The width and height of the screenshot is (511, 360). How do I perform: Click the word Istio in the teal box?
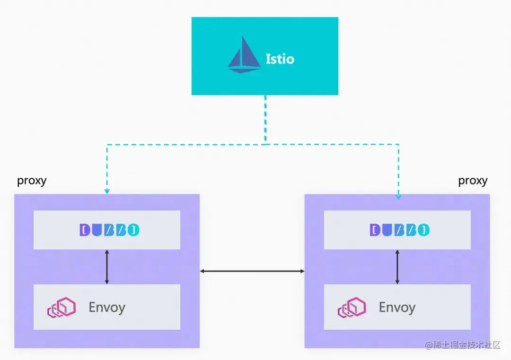(x=280, y=59)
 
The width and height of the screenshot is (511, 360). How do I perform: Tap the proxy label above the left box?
(x=32, y=181)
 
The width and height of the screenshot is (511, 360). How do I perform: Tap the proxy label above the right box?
(x=473, y=181)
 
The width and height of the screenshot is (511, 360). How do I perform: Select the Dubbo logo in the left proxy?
(x=109, y=230)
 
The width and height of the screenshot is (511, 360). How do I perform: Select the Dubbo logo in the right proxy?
(x=399, y=230)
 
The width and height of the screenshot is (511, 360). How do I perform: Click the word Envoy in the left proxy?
(x=107, y=307)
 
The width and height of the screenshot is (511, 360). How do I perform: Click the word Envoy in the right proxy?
(x=397, y=307)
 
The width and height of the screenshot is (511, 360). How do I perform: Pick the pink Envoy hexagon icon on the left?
(x=62, y=307)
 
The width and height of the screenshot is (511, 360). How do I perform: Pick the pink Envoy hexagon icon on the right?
(x=352, y=307)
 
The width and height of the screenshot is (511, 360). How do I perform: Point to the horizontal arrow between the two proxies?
(x=252, y=271)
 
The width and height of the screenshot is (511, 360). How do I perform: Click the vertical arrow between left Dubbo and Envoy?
(x=107, y=267)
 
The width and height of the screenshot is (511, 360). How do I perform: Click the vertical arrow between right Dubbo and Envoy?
(x=397, y=267)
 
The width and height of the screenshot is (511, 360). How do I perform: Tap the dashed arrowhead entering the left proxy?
(x=107, y=191)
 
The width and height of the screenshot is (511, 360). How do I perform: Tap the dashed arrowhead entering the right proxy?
(x=398, y=196)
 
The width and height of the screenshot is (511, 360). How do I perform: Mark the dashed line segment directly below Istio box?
(x=265, y=118)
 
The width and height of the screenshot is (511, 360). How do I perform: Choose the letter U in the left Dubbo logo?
(x=97, y=230)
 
